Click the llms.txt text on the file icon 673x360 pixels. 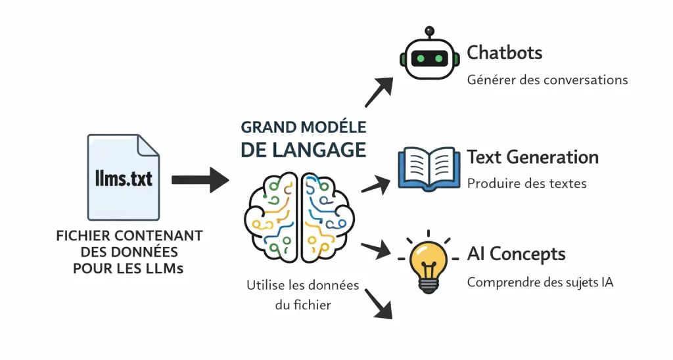point(123,178)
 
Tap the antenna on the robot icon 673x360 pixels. point(429,32)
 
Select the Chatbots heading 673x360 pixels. point(504,53)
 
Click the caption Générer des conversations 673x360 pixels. point(547,80)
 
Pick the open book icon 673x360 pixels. point(429,169)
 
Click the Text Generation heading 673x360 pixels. point(532,158)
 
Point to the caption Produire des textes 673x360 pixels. point(526,183)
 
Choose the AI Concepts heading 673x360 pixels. point(516,254)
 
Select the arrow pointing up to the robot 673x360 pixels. point(379,93)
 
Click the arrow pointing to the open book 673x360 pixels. point(375,185)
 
